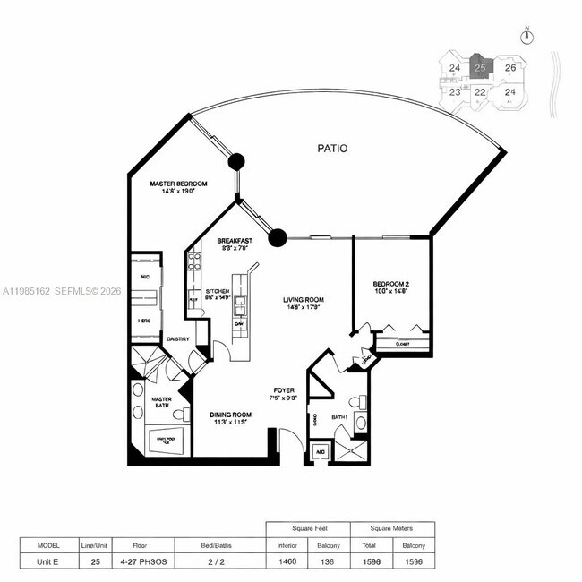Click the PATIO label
tap(331, 149)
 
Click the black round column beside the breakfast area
tap(278, 237)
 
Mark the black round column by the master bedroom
tap(236, 162)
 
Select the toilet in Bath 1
tap(360, 422)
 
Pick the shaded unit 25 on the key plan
tap(481, 68)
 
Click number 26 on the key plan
tap(509, 68)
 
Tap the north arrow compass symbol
tap(527, 37)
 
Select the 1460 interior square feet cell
tap(287, 561)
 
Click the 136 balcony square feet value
tap(329, 561)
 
